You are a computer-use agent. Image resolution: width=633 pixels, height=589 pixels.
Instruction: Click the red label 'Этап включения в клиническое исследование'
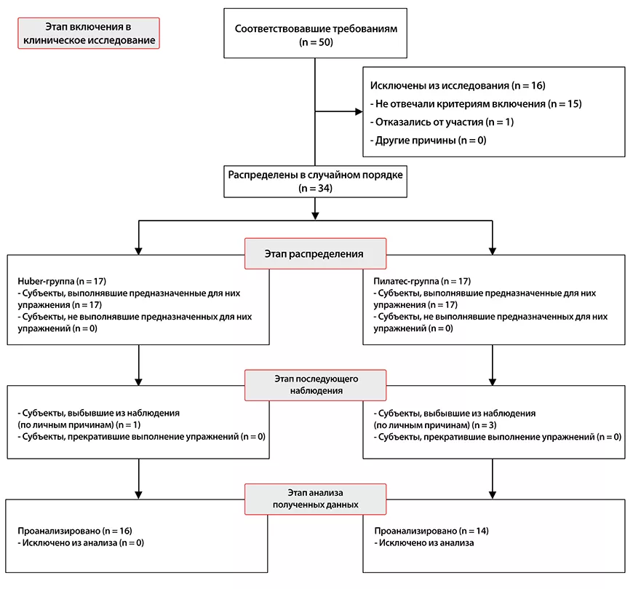click(89, 33)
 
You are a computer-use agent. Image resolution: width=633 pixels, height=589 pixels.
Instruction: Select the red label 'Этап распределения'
click(315, 253)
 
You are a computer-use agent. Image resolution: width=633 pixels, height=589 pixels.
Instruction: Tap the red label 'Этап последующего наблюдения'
click(315, 385)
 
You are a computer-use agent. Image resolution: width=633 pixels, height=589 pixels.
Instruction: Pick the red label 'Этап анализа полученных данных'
click(315, 499)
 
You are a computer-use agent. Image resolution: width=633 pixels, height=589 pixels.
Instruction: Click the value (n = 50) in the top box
click(316, 42)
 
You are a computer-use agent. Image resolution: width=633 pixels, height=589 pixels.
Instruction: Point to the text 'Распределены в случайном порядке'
click(315, 175)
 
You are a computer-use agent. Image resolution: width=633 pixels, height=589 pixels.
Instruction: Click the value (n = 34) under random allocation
click(315, 189)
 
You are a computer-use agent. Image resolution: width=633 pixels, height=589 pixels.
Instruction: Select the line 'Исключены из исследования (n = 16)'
click(458, 86)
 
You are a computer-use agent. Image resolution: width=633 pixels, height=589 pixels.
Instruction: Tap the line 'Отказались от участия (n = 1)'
click(442, 122)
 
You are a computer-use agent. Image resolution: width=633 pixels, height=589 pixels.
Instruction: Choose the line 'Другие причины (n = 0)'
click(429, 141)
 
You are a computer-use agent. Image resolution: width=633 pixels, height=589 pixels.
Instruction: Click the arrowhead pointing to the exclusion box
click(359, 111)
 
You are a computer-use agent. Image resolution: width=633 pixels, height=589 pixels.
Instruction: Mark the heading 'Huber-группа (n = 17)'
click(62, 281)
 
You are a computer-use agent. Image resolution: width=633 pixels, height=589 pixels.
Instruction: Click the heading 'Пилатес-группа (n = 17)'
click(422, 281)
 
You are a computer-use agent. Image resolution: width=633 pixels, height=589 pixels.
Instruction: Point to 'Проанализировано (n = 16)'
click(75, 531)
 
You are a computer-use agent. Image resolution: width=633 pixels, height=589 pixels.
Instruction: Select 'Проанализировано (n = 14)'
click(431, 531)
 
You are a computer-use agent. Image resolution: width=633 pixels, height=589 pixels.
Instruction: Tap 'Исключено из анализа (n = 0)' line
click(81, 542)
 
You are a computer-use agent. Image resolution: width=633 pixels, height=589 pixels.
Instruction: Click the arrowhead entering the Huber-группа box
click(138, 251)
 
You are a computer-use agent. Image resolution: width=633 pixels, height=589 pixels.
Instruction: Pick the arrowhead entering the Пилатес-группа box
click(492, 251)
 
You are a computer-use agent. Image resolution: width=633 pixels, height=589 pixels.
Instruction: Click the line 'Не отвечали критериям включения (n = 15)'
click(476, 104)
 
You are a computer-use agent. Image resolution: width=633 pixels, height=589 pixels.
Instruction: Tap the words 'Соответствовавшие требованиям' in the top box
click(316, 28)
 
